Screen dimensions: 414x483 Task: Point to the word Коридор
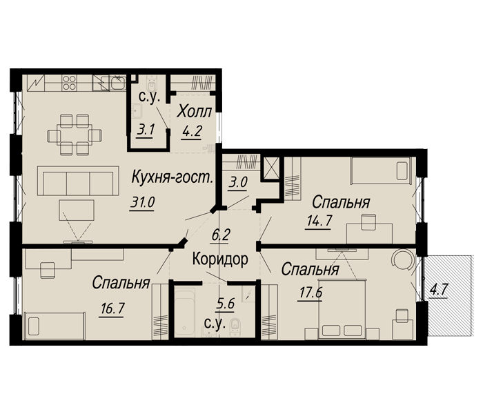coord(220,260)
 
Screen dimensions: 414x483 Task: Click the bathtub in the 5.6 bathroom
coord(189,312)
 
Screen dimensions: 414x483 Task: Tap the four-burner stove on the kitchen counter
coord(70,82)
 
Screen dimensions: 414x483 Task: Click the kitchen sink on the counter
coord(105,83)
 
